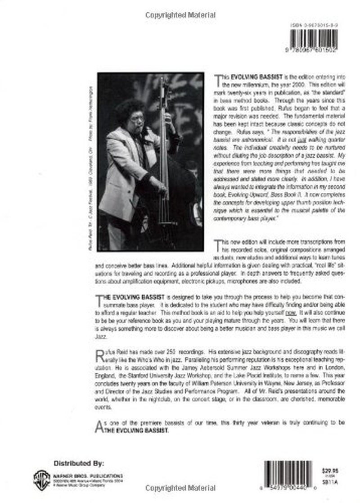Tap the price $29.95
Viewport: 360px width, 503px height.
coord(333,470)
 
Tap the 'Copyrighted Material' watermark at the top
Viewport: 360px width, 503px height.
coord(180,15)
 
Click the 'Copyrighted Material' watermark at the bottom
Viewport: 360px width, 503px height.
coord(180,488)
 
